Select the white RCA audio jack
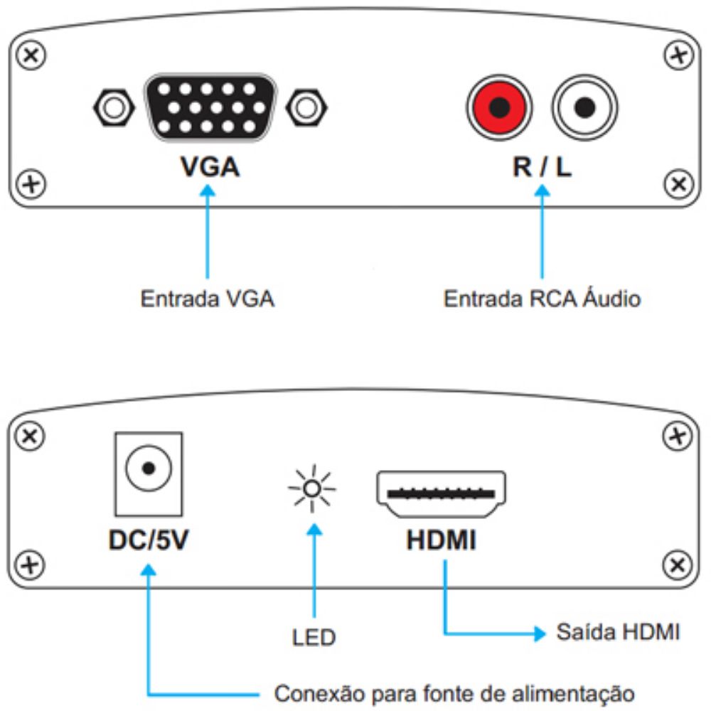tap(585, 108)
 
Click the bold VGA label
tap(210, 168)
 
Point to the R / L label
tap(542, 168)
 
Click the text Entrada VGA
tap(208, 299)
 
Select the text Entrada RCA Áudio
tap(542, 299)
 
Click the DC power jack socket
tap(149, 469)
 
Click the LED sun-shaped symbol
tap(311, 488)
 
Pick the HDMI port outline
tap(441, 493)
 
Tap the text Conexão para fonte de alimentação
tap(454, 692)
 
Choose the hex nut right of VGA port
tap(306, 108)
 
